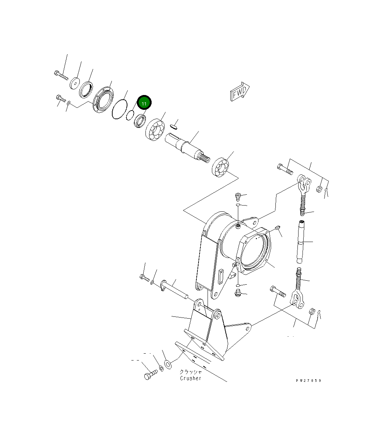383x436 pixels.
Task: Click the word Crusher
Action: click(x=191, y=378)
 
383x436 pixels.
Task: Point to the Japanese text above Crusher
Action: click(x=191, y=372)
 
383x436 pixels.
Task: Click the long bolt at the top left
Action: click(x=61, y=76)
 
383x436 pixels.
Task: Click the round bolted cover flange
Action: click(x=102, y=100)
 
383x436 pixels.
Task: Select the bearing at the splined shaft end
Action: click(x=220, y=168)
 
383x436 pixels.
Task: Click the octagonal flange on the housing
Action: click(x=254, y=252)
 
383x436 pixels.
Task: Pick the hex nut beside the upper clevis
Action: click(x=319, y=189)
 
